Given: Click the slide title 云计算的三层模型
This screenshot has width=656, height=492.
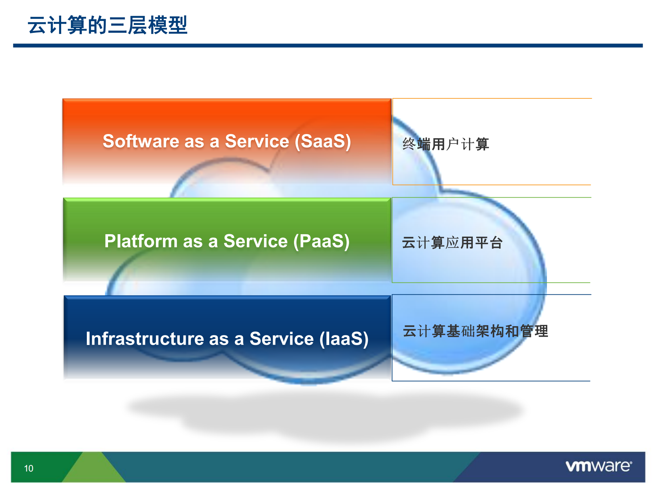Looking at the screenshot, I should pyautogui.click(x=107, y=25).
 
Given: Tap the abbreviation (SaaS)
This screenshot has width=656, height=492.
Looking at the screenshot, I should pyautogui.click(x=323, y=141).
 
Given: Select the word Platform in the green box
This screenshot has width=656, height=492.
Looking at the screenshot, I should pyautogui.click(x=140, y=241).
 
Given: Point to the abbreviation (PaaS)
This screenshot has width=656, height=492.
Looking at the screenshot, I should pyautogui.click(x=322, y=241).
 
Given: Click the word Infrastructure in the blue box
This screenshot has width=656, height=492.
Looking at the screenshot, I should pyautogui.click(x=145, y=339).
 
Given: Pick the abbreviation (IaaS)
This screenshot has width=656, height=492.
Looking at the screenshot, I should pyautogui.click(x=344, y=339).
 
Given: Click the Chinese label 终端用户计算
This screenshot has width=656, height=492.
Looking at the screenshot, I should pyautogui.click(x=445, y=144).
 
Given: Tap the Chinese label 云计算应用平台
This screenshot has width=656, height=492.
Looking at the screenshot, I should pyautogui.click(x=452, y=242).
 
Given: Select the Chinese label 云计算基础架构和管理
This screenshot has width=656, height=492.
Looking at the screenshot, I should pyautogui.click(x=475, y=331).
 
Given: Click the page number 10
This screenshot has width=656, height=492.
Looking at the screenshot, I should pyautogui.click(x=29, y=468).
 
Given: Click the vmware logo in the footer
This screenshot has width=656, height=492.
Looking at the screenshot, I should pyautogui.click(x=599, y=466).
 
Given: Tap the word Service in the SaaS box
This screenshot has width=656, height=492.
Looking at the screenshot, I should pyautogui.click(x=257, y=141).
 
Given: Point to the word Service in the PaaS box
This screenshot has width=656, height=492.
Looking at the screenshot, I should pyautogui.click(x=255, y=241).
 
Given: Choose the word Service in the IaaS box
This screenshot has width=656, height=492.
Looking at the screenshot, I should pyautogui.click(x=281, y=339).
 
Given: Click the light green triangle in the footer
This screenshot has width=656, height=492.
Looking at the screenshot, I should pyautogui.click(x=93, y=470).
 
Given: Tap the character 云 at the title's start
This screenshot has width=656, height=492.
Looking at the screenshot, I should pyautogui.click(x=37, y=25).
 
